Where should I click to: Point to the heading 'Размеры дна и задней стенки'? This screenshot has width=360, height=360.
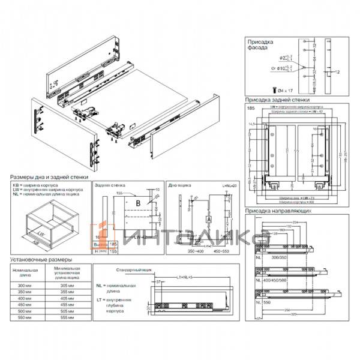49,178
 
